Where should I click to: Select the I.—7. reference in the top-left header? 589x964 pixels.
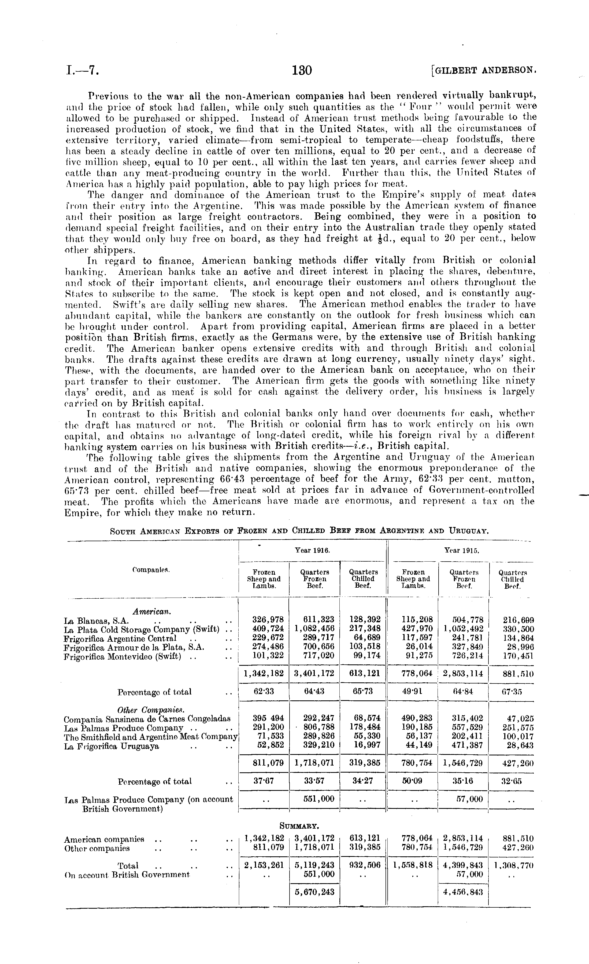pos(82,70)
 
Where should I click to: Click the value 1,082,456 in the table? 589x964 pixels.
pos(315,629)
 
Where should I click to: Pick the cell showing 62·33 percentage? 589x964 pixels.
pos(264,691)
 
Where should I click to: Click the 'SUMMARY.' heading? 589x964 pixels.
pos(300,826)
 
